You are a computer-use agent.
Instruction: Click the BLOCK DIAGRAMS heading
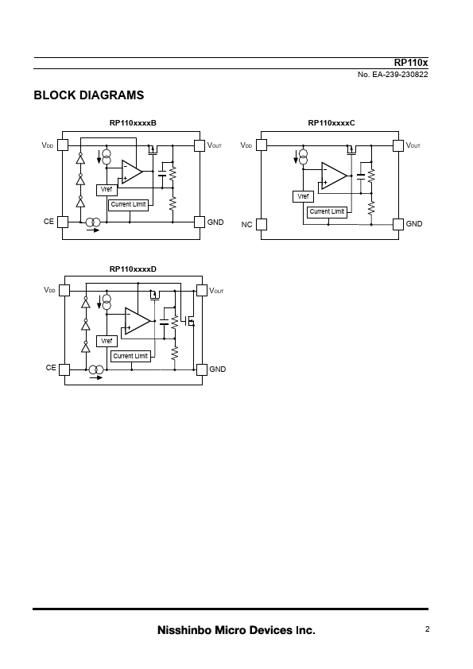tap(89, 95)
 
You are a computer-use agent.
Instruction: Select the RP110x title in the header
tap(411, 63)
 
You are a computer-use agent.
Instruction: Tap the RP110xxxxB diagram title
tap(133, 123)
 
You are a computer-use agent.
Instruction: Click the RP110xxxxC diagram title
tap(331, 123)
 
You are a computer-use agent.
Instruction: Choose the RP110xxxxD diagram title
tap(133, 269)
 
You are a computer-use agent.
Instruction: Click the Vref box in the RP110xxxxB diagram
tap(107, 190)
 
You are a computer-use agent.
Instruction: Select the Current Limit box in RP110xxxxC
tap(327, 212)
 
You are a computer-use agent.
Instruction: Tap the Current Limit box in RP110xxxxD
tap(130, 356)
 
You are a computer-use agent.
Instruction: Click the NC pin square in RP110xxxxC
tap(262, 224)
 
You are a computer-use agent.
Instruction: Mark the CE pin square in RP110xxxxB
tap(63, 222)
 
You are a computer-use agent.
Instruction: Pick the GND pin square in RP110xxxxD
tap(202, 369)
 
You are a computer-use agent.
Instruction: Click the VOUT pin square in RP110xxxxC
tap(397, 145)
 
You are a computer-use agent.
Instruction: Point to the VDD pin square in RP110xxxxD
tap(64, 291)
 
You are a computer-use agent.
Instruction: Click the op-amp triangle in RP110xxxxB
tap(131, 172)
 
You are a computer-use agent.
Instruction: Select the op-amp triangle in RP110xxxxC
tap(334, 176)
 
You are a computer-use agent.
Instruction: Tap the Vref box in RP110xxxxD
tap(107, 342)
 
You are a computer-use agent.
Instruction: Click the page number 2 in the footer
tap(427, 629)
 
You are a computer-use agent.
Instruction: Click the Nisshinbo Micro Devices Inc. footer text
tap(236, 630)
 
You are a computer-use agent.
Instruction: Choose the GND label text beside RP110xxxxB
tap(215, 222)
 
